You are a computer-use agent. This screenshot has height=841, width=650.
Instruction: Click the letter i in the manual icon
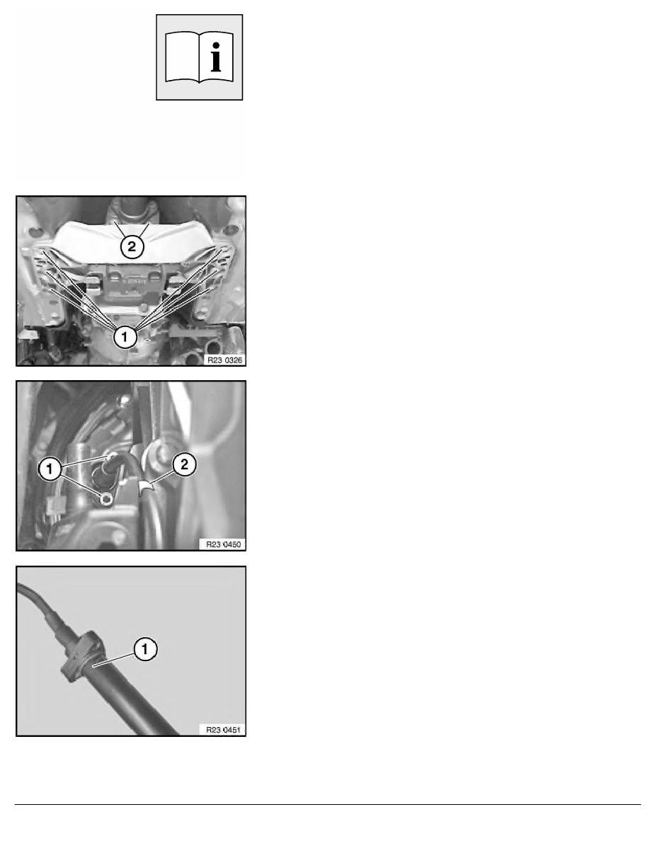point(216,55)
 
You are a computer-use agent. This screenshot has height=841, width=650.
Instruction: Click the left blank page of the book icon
point(182,57)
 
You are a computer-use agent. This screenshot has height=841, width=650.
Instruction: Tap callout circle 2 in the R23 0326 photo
point(132,247)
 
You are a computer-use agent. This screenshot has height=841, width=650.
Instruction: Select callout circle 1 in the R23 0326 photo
point(125,337)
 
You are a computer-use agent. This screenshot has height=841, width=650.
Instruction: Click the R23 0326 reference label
point(224,360)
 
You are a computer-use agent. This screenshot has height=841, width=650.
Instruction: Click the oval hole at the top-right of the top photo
point(229,231)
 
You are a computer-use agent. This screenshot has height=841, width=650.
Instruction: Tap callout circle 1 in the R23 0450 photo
point(50,469)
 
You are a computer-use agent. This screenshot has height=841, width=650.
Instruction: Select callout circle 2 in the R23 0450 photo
point(184,464)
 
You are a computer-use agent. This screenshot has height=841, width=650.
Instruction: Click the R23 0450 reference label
point(223,544)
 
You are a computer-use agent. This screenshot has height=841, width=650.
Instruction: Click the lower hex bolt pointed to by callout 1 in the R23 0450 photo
point(106,499)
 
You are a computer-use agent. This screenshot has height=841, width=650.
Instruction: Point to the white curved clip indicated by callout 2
point(145,488)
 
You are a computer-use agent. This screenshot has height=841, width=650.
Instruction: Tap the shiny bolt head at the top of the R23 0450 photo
point(125,399)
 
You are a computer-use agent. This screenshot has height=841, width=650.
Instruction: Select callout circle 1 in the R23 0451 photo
point(145,650)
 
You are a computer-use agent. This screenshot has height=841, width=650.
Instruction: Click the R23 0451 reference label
point(223,730)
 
